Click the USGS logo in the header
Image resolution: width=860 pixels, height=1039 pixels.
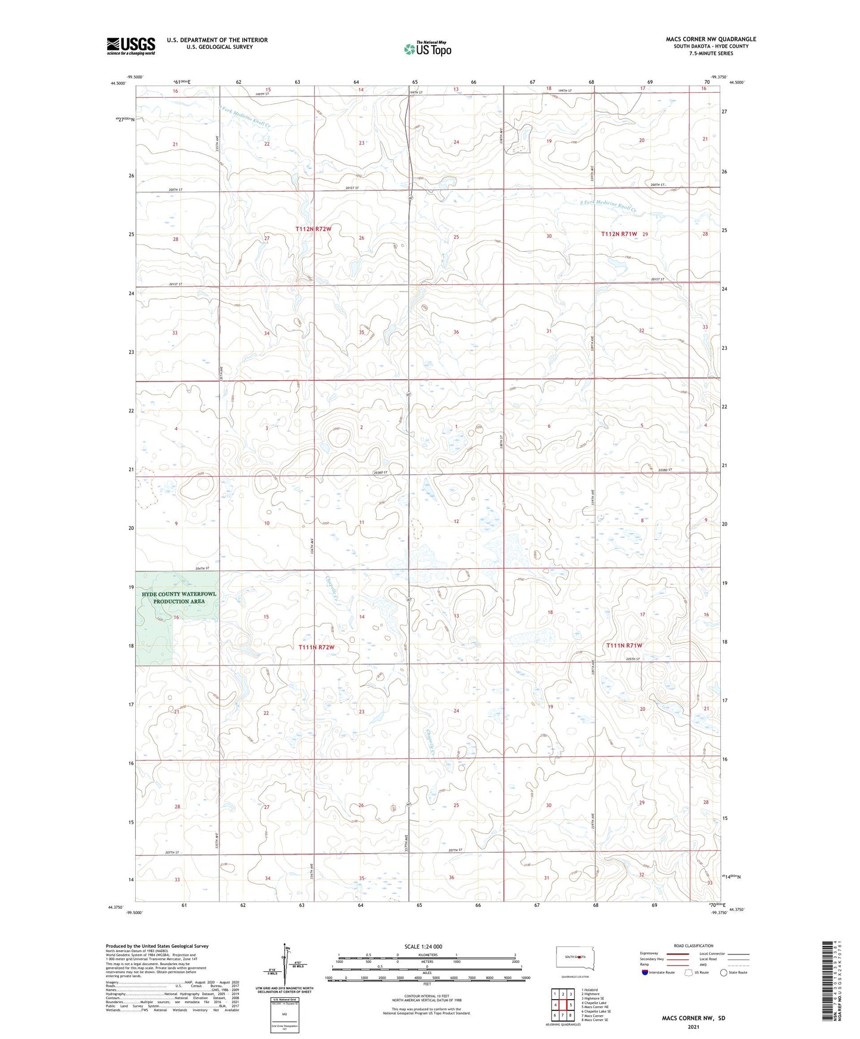[131, 45]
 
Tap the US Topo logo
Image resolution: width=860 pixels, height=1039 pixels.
[427, 49]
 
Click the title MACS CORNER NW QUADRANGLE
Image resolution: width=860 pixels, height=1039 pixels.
[711, 39]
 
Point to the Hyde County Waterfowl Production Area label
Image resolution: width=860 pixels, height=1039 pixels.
[179, 597]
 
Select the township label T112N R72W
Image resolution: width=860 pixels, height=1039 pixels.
[313, 229]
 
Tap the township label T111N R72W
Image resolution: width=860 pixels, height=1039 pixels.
[315, 647]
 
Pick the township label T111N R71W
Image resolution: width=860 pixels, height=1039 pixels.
[624, 646]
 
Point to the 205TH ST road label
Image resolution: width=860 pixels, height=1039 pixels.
[633, 659]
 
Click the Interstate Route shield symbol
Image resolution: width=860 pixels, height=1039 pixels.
[645, 972]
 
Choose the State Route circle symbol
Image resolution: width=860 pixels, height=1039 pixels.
[724, 972]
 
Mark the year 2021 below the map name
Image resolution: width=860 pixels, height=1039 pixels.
[693, 1027]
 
